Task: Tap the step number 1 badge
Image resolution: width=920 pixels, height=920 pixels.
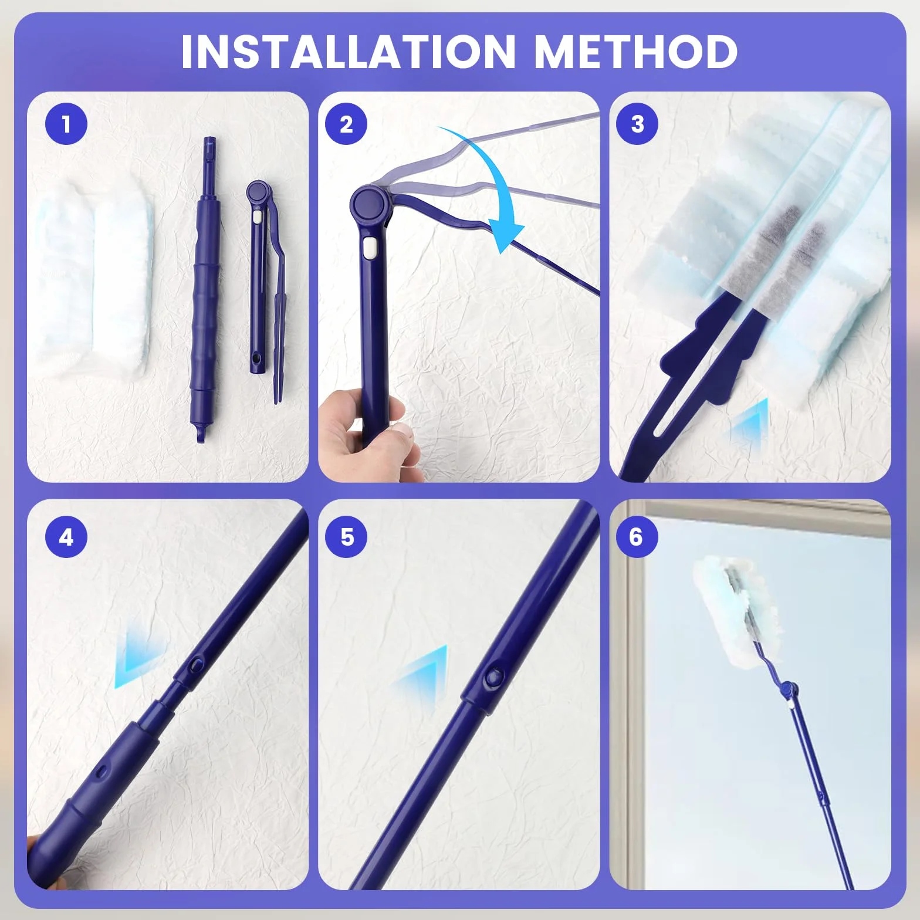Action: click(66, 124)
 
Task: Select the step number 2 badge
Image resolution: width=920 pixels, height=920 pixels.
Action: click(346, 124)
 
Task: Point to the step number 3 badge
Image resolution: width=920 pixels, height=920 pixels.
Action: click(637, 124)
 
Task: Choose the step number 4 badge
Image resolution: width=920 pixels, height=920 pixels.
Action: click(66, 537)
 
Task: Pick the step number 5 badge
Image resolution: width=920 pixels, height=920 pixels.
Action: click(346, 537)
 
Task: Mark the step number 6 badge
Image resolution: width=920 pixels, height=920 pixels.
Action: click(637, 537)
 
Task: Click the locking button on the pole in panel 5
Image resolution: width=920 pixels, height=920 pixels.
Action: click(492, 678)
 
